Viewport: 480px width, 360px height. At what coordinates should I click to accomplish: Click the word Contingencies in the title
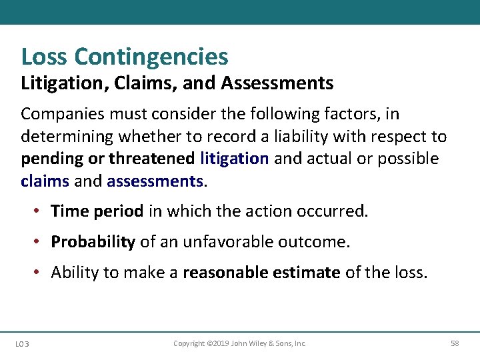coord(151,57)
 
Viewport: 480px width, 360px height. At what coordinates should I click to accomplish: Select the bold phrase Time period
coord(97,211)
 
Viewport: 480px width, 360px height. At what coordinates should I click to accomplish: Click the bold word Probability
coord(93,241)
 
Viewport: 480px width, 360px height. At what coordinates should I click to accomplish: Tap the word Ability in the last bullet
coord(73,272)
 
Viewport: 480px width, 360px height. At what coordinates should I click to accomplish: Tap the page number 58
coord(455,343)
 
